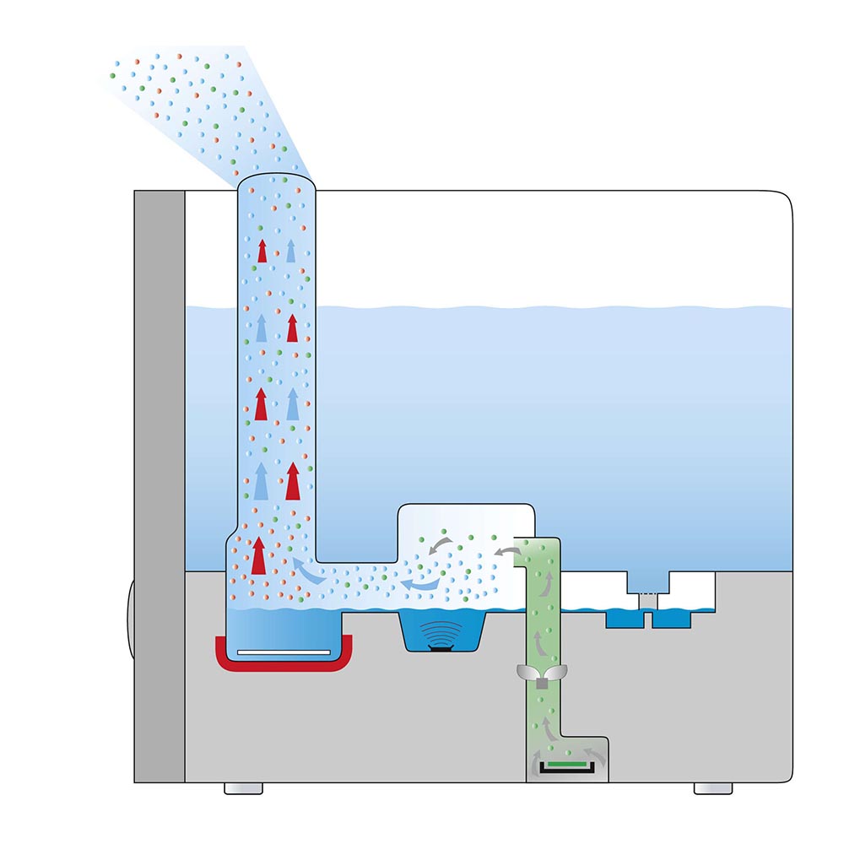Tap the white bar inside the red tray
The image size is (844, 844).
(x=283, y=652)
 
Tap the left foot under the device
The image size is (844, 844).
(x=243, y=788)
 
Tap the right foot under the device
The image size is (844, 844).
(x=713, y=788)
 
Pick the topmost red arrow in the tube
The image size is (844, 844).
(x=262, y=251)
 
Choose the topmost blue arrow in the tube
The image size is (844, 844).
(x=291, y=250)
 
